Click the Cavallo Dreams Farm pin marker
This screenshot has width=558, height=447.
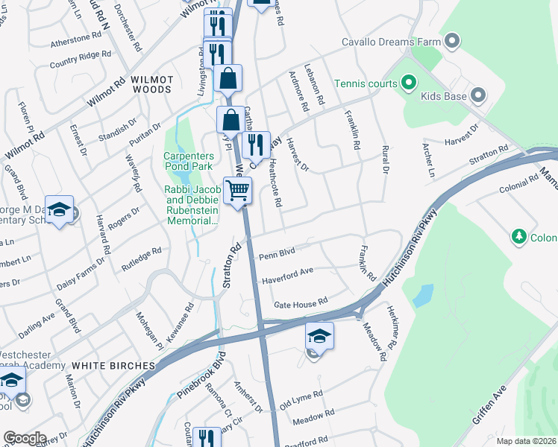451,41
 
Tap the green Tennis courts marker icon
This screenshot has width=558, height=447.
409,83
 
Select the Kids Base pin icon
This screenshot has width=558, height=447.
478,96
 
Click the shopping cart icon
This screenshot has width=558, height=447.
238,190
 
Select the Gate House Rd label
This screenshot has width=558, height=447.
301,302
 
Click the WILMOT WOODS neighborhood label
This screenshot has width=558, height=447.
141,83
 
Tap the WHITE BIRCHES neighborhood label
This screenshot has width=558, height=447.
113,366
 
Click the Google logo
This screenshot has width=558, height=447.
25,438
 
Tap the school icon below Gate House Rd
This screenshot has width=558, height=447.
319,336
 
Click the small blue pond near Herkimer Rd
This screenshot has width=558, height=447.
423,296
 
